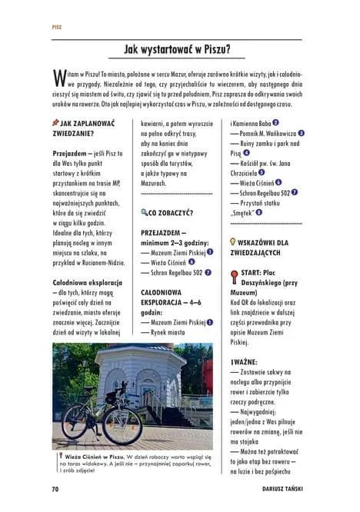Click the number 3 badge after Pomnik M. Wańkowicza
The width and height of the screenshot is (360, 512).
tap(302, 133)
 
